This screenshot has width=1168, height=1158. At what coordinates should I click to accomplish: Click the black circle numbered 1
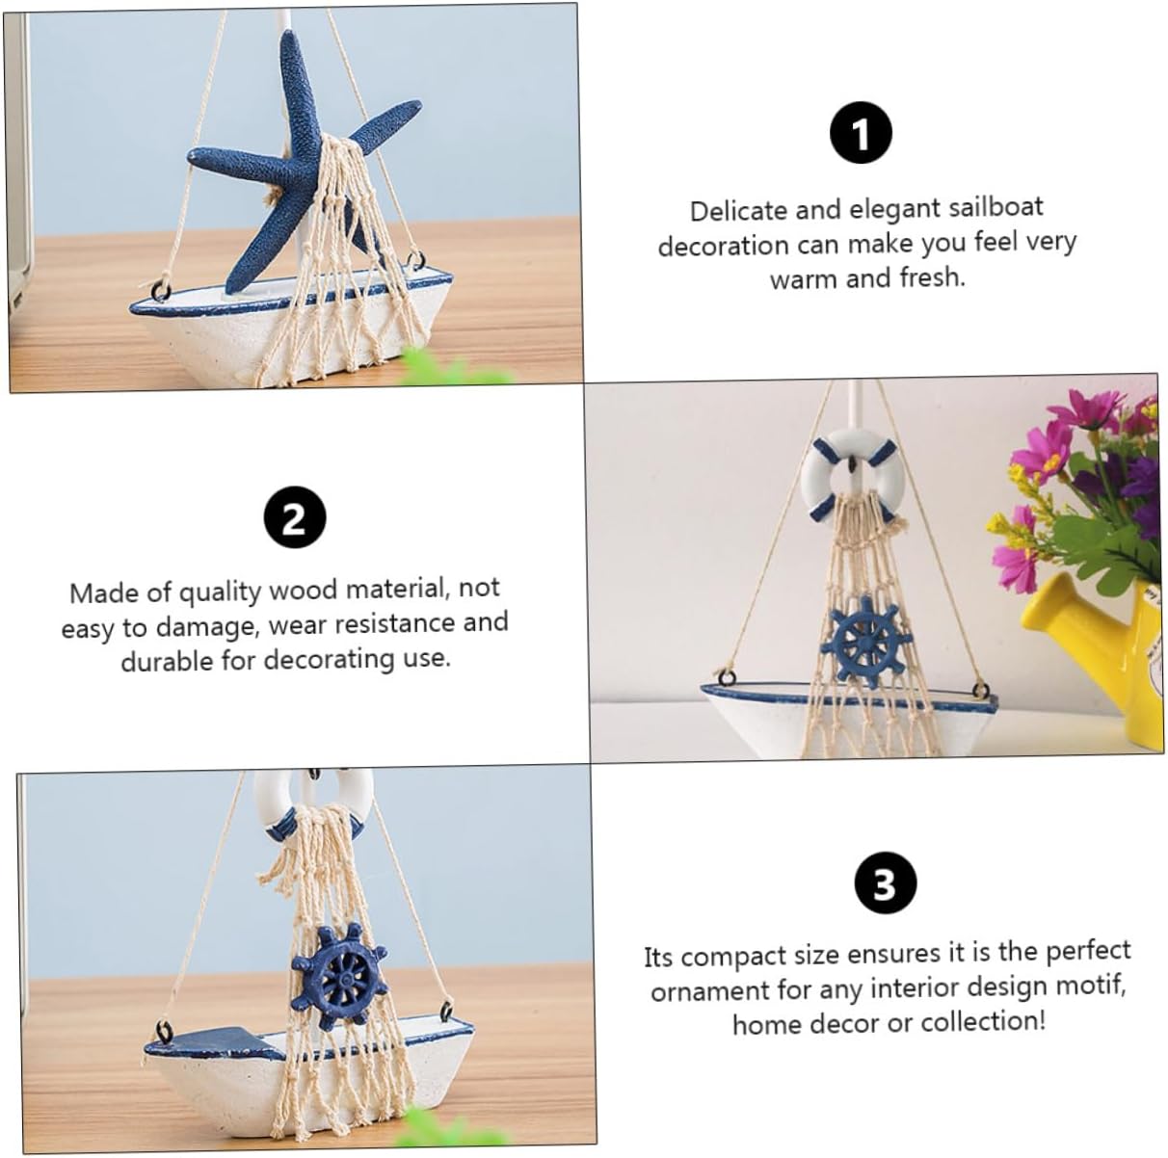tap(861, 133)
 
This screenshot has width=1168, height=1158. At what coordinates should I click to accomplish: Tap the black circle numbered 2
tap(295, 517)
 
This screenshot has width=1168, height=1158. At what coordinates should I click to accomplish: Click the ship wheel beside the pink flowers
tap(865, 643)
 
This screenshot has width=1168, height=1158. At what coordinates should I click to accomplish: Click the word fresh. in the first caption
tap(932, 277)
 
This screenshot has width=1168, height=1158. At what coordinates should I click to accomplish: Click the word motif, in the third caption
tap(1090, 986)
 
